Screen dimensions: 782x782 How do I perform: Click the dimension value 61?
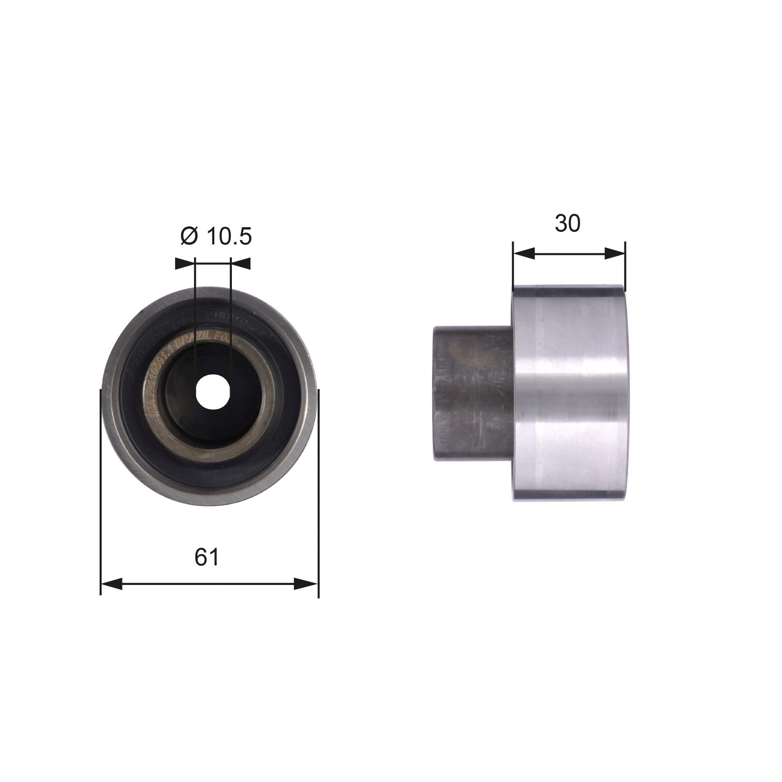click(x=206, y=557)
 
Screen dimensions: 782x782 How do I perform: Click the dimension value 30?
click(x=567, y=223)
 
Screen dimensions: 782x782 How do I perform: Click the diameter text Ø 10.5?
click(x=216, y=237)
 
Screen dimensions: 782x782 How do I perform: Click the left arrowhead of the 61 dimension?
click(x=112, y=584)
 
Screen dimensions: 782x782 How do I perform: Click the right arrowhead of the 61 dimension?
click(x=306, y=584)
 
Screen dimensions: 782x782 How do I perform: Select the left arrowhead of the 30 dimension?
click(x=524, y=254)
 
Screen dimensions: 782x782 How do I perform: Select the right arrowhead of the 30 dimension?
click(x=615, y=254)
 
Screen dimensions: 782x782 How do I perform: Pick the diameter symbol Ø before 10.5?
click(x=189, y=237)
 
